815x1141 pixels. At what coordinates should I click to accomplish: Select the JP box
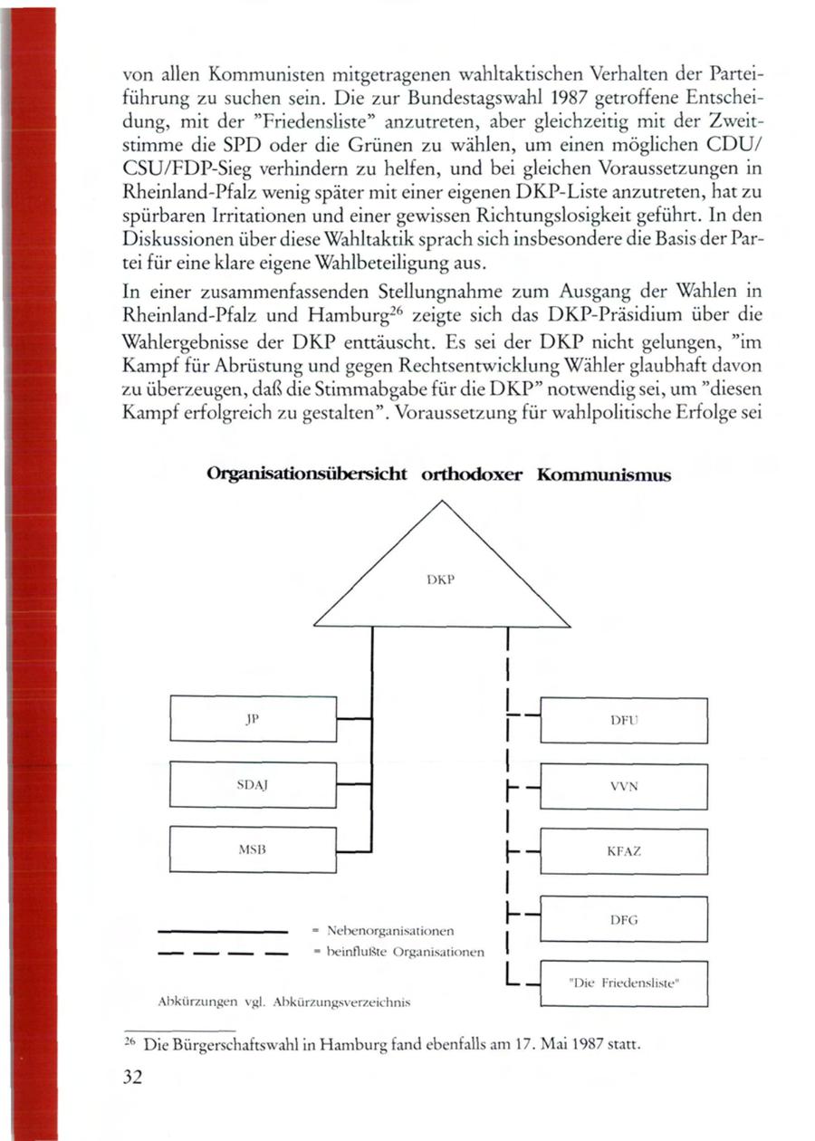[253, 718]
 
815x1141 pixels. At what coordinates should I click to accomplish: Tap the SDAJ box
[253, 784]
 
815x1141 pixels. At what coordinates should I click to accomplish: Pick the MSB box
[253, 849]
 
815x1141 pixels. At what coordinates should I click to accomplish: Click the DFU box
[623, 720]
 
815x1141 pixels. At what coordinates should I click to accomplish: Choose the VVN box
[623, 786]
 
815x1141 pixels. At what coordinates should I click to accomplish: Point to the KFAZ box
[623, 852]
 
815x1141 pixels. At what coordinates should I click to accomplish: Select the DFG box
[623, 918]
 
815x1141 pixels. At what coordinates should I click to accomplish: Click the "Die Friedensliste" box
[623, 984]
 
